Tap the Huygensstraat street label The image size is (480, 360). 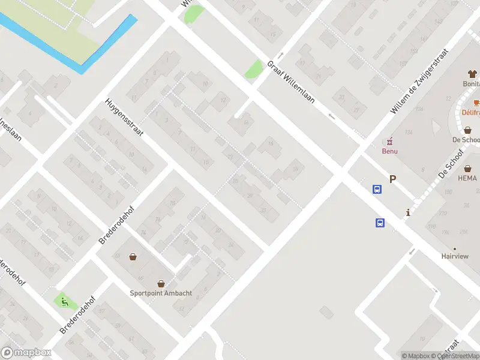(124, 118)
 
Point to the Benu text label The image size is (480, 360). (390, 151)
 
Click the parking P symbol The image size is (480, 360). (393, 179)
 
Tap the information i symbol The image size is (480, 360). (408, 212)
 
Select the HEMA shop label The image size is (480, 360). (467, 178)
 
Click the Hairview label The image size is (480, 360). (455, 256)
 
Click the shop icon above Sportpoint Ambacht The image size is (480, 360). (161, 283)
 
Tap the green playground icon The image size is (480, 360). (62, 301)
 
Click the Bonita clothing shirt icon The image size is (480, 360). (472, 74)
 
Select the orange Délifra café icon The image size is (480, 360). (476, 103)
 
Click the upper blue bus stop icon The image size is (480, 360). (377, 190)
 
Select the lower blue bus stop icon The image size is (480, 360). (380, 223)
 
